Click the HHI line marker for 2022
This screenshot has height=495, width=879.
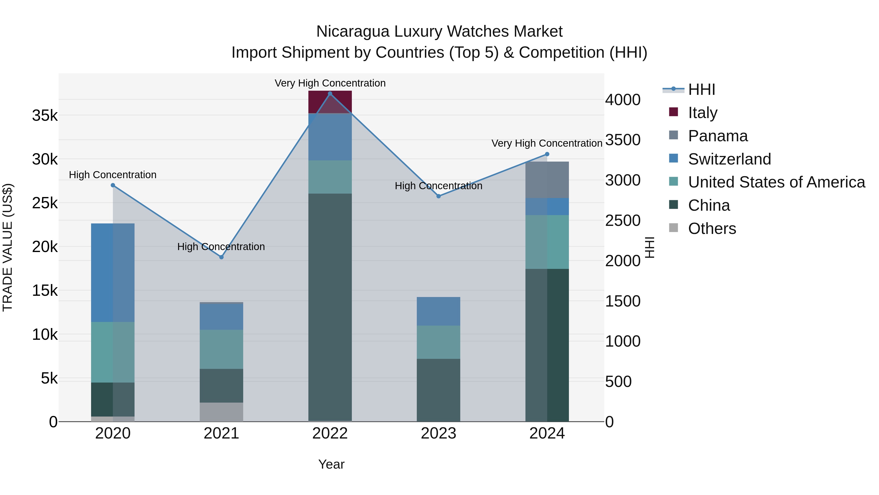click(x=330, y=93)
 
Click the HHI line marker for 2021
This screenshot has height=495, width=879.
click(x=221, y=257)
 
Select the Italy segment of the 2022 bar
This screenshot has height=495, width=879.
click(x=330, y=102)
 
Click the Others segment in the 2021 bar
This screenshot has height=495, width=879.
click(x=221, y=412)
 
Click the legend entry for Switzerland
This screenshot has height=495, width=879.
click(x=729, y=159)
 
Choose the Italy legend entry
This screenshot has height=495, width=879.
click(x=702, y=113)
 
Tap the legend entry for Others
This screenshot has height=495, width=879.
click(x=712, y=229)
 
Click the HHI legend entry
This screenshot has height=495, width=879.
click(x=701, y=89)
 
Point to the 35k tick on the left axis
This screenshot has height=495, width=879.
click(x=45, y=115)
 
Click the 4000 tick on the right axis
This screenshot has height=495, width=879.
click(x=622, y=100)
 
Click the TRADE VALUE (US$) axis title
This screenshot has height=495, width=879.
click(x=8, y=247)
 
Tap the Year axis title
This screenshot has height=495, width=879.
click(x=331, y=464)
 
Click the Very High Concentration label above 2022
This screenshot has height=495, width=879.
click(x=330, y=83)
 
